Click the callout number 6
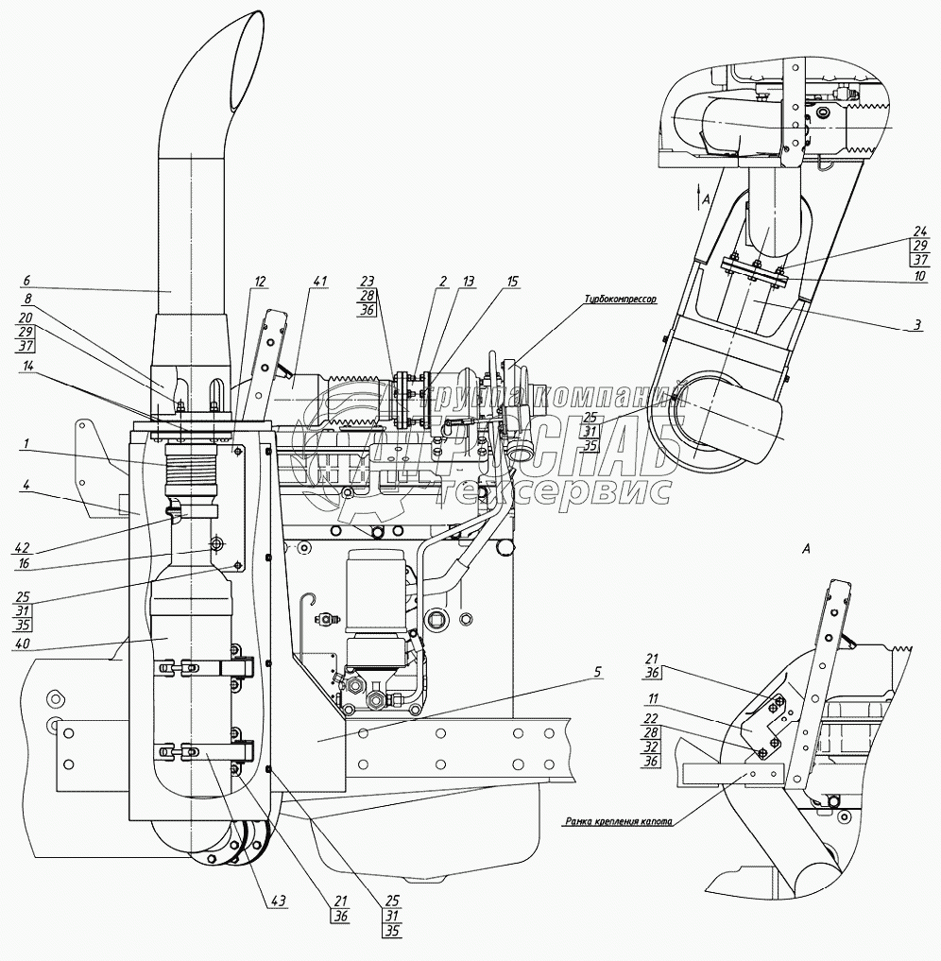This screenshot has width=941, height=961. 26,281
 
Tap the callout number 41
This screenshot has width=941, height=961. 320,281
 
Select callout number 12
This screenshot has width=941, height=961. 260,281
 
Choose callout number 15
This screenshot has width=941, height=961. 512,281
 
